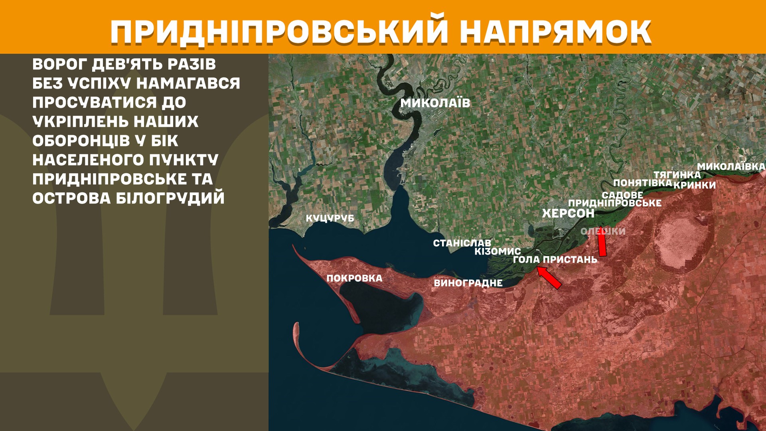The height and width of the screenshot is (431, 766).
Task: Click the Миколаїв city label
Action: (435, 103)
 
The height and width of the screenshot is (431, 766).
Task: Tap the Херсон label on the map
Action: (568, 214)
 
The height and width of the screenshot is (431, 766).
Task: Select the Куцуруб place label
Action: (330, 218)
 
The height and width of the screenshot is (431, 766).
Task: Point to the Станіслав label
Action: (462, 243)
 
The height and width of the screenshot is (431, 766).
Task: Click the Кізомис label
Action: (498, 251)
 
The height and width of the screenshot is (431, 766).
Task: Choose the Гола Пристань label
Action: (555, 260)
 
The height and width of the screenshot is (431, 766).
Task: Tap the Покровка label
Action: (354, 278)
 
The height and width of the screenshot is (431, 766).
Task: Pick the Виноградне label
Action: (468, 283)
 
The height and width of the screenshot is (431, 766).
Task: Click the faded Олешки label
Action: (603, 231)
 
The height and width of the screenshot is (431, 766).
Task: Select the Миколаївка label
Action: (731, 166)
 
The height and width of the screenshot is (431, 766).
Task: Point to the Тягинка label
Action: (677, 175)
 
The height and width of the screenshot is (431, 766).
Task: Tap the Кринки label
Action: (695, 185)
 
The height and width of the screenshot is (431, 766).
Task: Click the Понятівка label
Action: (642, 183)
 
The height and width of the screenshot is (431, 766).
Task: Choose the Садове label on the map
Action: (622, 195)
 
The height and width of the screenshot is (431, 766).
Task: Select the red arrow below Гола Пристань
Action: (549, 277)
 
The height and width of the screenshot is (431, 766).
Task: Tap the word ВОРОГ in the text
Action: (59, 64)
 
